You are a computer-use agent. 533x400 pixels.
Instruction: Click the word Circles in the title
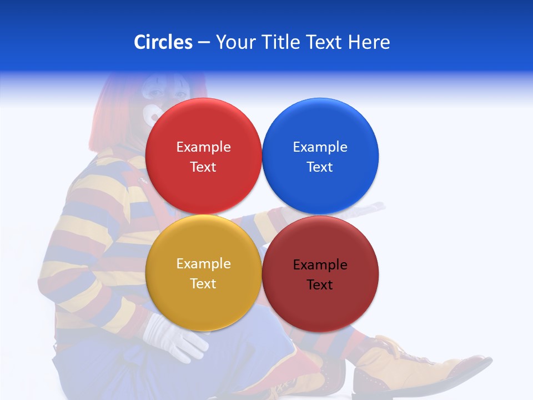[x=163, y=42]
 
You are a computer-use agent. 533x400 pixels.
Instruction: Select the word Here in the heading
[x=369, y=42]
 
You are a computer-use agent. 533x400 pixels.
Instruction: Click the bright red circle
[x=203, y=128]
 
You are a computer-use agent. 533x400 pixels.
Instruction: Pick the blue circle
[x=320, y=128]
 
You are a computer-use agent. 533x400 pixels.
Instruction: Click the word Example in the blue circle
[x=320, y=147]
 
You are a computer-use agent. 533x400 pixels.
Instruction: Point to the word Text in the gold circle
[x=203, y=283]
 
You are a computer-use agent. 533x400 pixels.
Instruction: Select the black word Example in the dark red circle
[x=320, y=265]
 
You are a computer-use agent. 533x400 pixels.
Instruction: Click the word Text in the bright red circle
[x=203, y=167]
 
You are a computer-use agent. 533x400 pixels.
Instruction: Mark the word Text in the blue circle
[x=320, y=167]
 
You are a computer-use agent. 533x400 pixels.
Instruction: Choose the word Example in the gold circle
[x=203, y=264]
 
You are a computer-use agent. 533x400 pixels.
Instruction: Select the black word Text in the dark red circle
[x=320, y=284]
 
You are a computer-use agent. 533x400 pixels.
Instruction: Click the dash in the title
[x=204, y=43]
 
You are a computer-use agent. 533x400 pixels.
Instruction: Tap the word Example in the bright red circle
[x=203, y=147]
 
